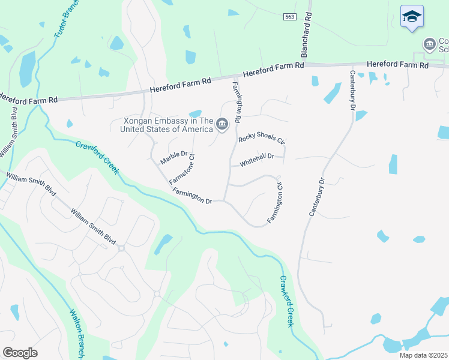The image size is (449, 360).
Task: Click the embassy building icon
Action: pos(222,124)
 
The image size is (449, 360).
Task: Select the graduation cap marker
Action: pos(412,17)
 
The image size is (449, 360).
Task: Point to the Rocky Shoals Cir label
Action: pos(261,138)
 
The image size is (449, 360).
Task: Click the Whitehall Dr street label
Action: pos(257,160)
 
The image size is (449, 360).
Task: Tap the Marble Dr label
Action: pos(174,158)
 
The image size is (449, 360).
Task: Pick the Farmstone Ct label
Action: pos(182,169)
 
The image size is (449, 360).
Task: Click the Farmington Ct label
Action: pos(276,204)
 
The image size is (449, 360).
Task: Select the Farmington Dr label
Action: pos(192,196)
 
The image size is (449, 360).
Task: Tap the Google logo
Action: pos(20,353)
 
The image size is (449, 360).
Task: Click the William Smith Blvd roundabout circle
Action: pos(121,248)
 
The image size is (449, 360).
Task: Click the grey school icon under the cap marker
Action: pos(429,44)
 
